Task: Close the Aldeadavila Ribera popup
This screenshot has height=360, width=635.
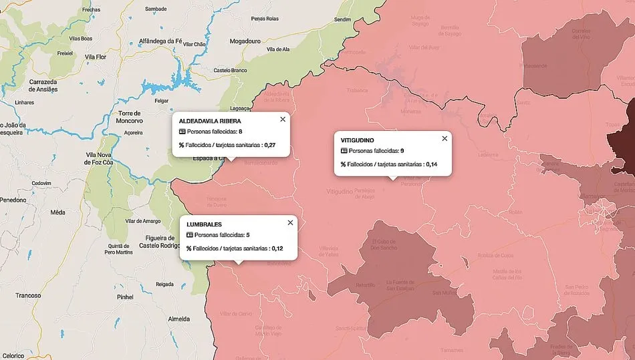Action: coord(283,120)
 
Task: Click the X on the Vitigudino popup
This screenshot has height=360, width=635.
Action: coord(444,139)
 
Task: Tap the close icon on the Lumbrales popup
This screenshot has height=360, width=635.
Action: coord(290,222)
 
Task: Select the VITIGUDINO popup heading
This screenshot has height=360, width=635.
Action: coord(357,140)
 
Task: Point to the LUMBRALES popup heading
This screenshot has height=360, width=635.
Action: coord(205,224)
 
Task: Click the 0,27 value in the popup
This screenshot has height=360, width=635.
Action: coord(269,144)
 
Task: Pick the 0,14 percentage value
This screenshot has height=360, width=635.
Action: coord(431,164)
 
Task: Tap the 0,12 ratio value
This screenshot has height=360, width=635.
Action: coord(277,248)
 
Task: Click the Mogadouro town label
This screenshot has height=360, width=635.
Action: coord(245,41)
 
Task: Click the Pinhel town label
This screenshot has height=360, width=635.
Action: coord(125,296)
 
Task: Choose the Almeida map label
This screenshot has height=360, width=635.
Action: coord(180,319)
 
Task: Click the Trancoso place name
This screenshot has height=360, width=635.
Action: coord(29,295)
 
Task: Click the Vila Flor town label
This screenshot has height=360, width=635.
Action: coord(96,57)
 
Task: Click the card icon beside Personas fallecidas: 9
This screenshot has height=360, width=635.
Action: coord(344,151)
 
